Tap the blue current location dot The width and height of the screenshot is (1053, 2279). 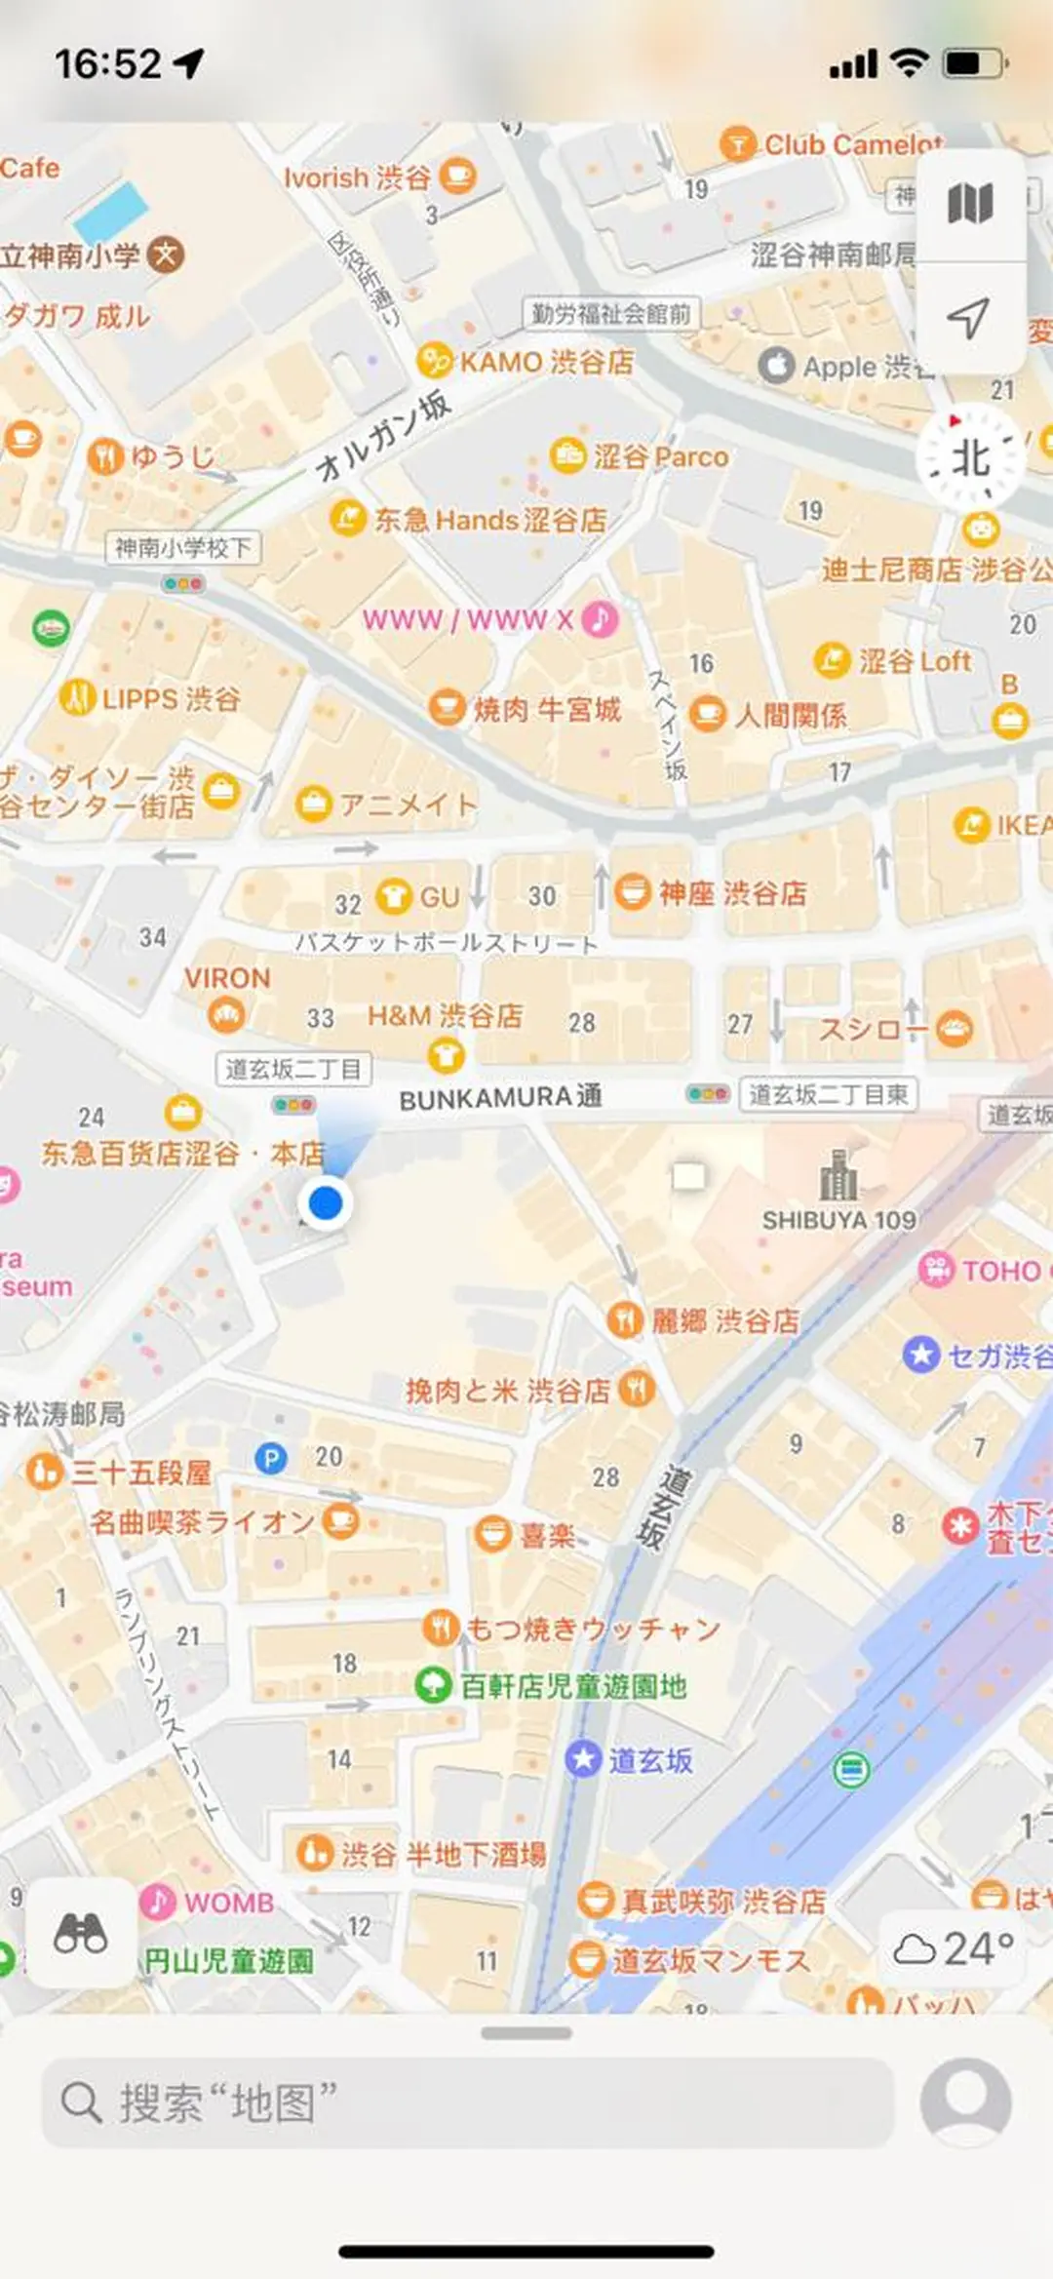click(326, 1202)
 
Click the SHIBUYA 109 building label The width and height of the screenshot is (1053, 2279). click(838, 1219)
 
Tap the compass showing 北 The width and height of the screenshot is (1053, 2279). click(969, 457)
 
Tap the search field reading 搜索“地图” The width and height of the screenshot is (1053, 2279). click(468, 2103)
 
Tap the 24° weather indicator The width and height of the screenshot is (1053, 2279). click(954, 1948)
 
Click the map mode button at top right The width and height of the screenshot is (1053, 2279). click(969, 204)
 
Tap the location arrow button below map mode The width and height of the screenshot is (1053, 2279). click(969, 318)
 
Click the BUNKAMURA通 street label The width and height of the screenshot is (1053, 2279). click(500, 1098)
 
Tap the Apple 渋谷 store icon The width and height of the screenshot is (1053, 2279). click(776, 366)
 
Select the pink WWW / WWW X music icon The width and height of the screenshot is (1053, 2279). click(601, 618)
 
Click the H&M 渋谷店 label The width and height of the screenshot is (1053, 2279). click(445, 1016)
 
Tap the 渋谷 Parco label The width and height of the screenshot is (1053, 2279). click(660, 456)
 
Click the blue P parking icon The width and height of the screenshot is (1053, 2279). click(270, 1458)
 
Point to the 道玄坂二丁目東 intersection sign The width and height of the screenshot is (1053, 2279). click(828, 1094)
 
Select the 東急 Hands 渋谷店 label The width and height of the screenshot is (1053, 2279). click(490, 520)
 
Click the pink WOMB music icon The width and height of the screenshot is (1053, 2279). click(158, 1901)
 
